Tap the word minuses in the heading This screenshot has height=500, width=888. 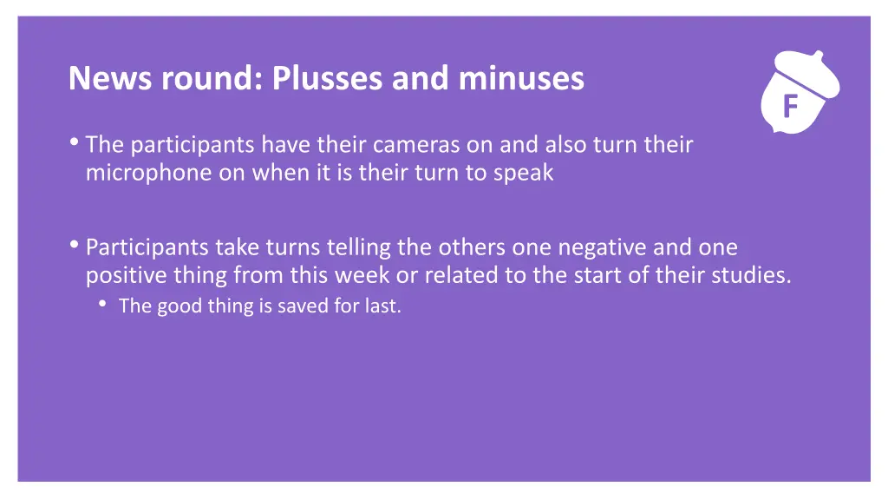(521, 79)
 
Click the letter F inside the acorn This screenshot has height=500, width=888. (789, 107)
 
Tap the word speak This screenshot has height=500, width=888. (523, 173)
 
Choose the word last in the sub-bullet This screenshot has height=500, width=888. (382, 306)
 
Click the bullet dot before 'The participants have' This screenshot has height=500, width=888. (75, 143)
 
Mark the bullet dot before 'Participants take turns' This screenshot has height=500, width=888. (75, 247)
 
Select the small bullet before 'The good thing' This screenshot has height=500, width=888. (103, 305)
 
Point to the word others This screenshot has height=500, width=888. (473, 247)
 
